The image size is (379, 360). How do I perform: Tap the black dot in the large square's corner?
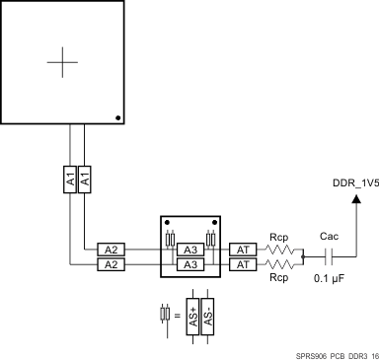point(118,117)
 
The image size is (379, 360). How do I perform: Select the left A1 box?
point(70,180)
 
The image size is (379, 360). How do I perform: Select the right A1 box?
point(85,180)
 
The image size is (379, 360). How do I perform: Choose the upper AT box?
point(243,250)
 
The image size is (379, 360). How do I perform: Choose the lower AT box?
point(243,264)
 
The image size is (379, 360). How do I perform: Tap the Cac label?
point(330,237)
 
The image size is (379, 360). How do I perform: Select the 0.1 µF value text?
point(329,281)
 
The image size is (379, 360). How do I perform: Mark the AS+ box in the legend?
point(192,319)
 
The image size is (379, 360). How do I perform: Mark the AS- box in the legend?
point(207,319)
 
